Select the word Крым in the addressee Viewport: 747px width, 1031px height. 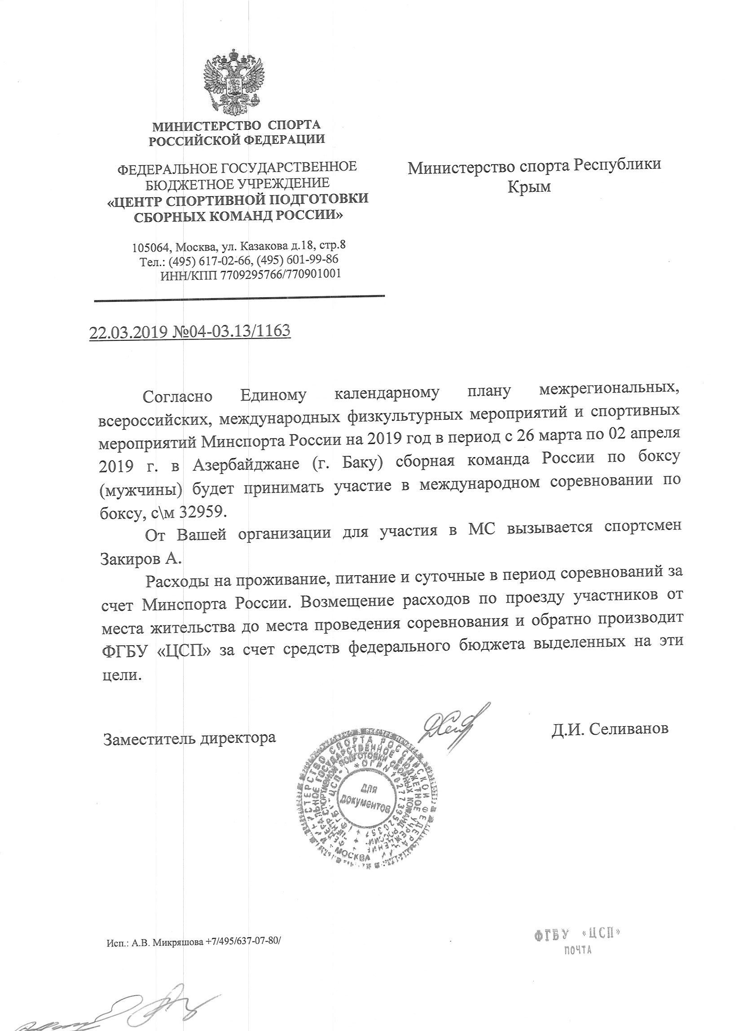click(x=529, y=187)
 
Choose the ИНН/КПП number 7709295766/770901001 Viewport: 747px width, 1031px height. click(x=281, y=274)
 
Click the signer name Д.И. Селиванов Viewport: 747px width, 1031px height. click(x=610, y=729)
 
